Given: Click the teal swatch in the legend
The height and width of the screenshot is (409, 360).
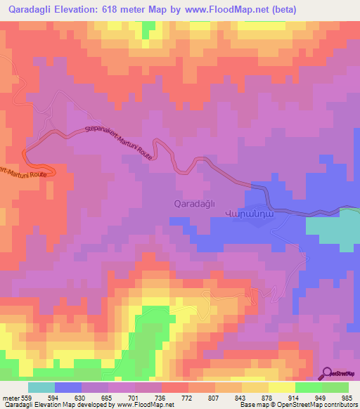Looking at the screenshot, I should (41, 387).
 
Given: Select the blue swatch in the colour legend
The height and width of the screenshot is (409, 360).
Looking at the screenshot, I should (68, 387).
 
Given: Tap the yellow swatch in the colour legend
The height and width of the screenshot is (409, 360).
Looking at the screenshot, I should (282, 387).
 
